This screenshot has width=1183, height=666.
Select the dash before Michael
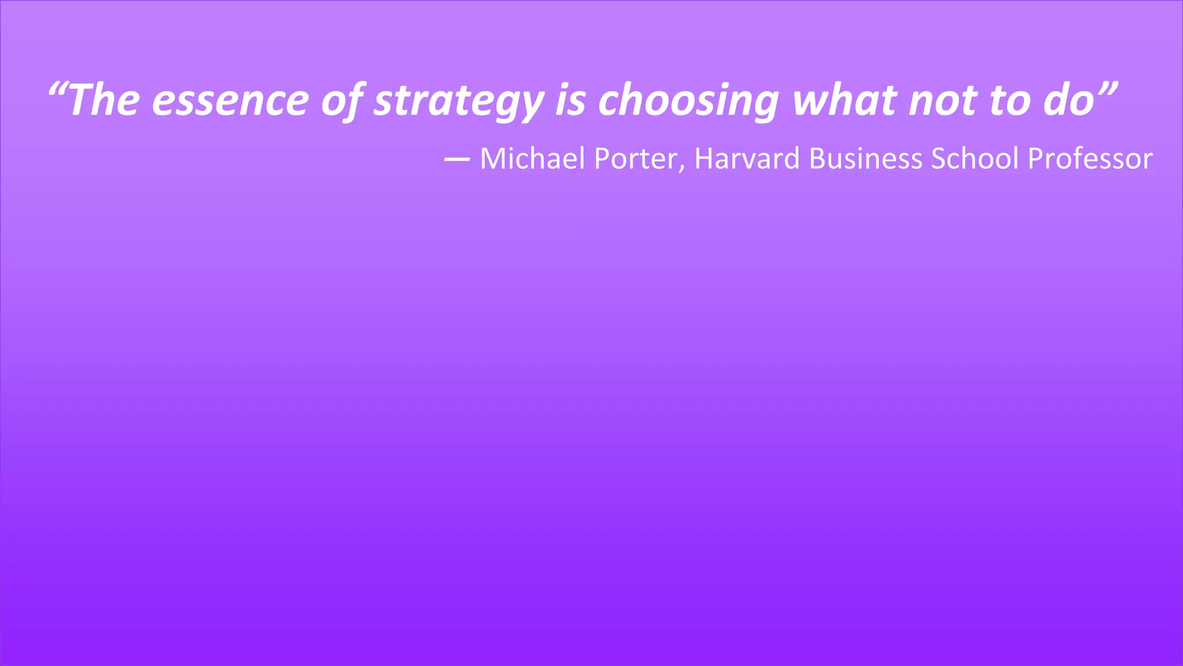[456, 160]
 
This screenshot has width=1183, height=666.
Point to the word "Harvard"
[747, 158]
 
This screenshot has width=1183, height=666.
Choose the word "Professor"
[1090, 158]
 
